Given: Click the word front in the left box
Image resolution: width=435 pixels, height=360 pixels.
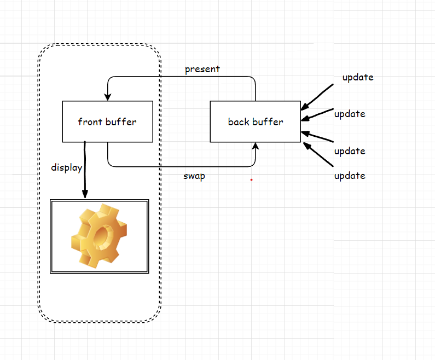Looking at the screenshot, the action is point(90,121).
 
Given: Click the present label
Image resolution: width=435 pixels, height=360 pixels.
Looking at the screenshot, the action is point(202,69).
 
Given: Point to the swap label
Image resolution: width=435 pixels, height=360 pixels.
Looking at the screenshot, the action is point(194,176).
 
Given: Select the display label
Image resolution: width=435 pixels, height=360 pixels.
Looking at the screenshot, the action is point(67,167).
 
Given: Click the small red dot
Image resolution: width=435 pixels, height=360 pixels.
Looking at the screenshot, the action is point(251,179).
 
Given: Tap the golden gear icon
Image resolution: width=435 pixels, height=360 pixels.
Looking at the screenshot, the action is point(99,236).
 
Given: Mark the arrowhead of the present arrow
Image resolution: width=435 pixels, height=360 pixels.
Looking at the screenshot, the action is point(108,97).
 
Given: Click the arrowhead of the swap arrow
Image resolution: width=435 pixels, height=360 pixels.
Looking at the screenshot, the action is point(255,146).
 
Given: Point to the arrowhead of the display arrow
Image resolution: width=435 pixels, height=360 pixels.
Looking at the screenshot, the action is point(85,194).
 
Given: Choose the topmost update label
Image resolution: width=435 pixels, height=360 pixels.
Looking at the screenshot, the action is point(358,77).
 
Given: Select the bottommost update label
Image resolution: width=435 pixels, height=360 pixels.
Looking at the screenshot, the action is point(350,176).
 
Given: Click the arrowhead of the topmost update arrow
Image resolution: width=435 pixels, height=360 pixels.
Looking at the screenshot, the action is point(305,107).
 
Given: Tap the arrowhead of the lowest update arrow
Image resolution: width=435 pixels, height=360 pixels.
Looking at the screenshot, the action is point(307,146).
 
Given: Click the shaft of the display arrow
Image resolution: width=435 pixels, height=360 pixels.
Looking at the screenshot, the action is point(85,166).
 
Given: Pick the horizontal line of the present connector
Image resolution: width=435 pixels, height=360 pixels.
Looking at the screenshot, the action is point(182,76).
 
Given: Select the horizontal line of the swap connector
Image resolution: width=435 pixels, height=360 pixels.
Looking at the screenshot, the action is point(182,166).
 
